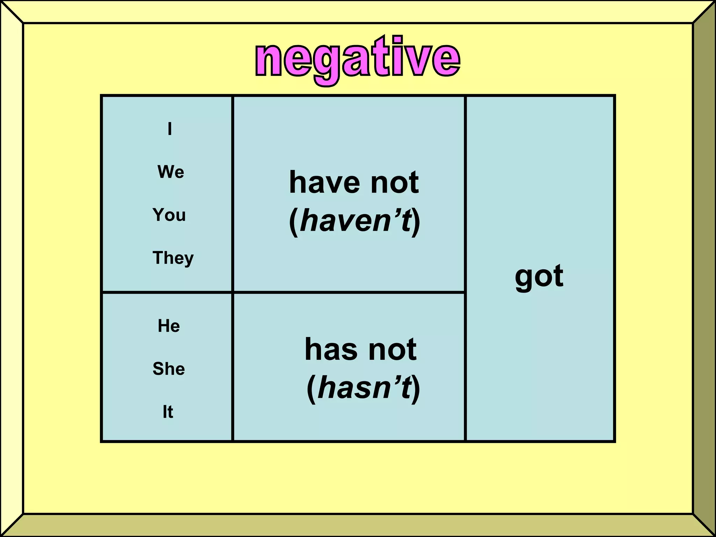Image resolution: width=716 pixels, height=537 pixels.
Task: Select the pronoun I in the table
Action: [x=170, y=129]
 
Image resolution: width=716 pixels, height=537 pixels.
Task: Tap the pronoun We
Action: [x=171, y=172]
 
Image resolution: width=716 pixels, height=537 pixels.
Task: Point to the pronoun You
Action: [x=169, y=215]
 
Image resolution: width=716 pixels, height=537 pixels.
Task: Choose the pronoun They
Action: [x=173, y=258]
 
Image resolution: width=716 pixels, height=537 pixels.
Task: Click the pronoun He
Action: [x=169, y=326]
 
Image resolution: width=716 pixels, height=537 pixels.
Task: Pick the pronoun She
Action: [x=169, y=369]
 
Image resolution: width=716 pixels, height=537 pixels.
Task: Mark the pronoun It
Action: [x=168, y=412]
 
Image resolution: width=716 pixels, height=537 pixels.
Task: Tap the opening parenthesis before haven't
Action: [x=294, y=222]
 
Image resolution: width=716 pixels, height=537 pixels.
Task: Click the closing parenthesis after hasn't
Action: [x=416, y=388]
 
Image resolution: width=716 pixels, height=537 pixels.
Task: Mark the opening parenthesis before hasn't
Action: [x=311, y=388]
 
